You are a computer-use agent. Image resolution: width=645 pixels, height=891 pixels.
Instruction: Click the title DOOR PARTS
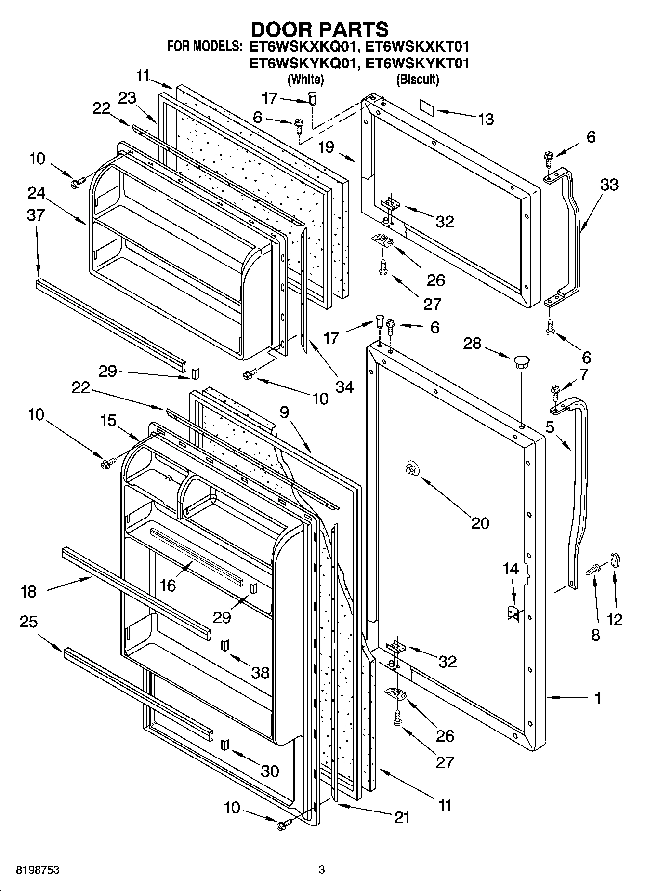tap(319, 29)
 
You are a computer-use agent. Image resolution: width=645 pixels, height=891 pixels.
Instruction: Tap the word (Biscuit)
tap(417, 80)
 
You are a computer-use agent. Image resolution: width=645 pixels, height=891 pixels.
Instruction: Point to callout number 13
tap(486, 119)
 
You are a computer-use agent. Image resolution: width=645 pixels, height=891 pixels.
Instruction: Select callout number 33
tap(609, 185)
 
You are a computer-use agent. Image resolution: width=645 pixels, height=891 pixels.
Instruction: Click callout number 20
tap(480, 523)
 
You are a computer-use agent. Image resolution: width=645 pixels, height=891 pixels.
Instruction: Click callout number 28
tap(472, 343)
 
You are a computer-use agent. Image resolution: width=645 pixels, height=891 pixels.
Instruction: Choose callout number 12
tap(614, 619)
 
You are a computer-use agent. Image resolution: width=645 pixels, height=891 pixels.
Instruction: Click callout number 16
tap(168, 585)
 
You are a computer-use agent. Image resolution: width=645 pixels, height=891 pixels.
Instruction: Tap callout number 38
tap(260, 672)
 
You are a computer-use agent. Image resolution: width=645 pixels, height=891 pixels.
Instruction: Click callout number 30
tap(270, 771)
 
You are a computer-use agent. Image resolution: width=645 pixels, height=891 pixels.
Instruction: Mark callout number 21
tap(402, 817)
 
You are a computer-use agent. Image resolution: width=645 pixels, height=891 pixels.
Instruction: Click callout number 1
tap(598, 698)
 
